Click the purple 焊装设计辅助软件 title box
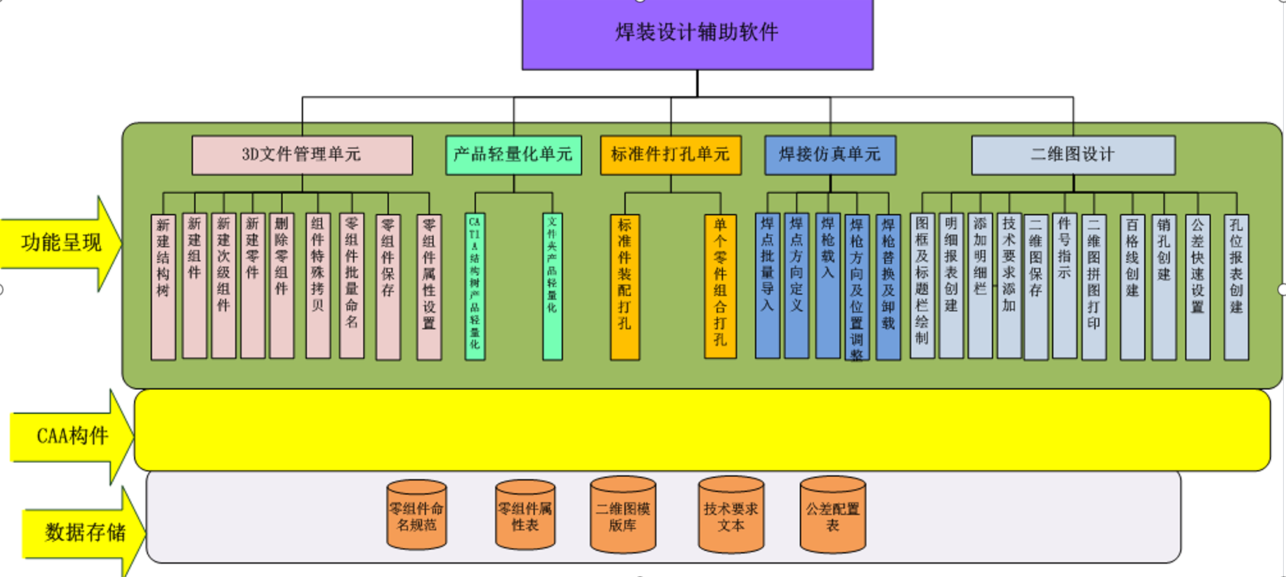697,33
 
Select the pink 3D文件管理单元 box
302,155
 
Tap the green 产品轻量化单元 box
513,155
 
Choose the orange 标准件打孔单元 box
670,155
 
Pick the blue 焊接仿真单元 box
830,155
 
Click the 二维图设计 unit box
1072,155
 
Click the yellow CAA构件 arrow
72,436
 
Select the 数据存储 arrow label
84,532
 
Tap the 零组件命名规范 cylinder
417,516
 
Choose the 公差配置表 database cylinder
832,516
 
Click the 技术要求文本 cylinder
731,516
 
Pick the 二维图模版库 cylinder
622,516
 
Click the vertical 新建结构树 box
163,287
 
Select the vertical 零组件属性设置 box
429,287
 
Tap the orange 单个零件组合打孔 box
720,287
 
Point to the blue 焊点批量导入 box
767,287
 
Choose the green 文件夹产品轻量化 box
552,287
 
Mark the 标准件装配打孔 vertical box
625,287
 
